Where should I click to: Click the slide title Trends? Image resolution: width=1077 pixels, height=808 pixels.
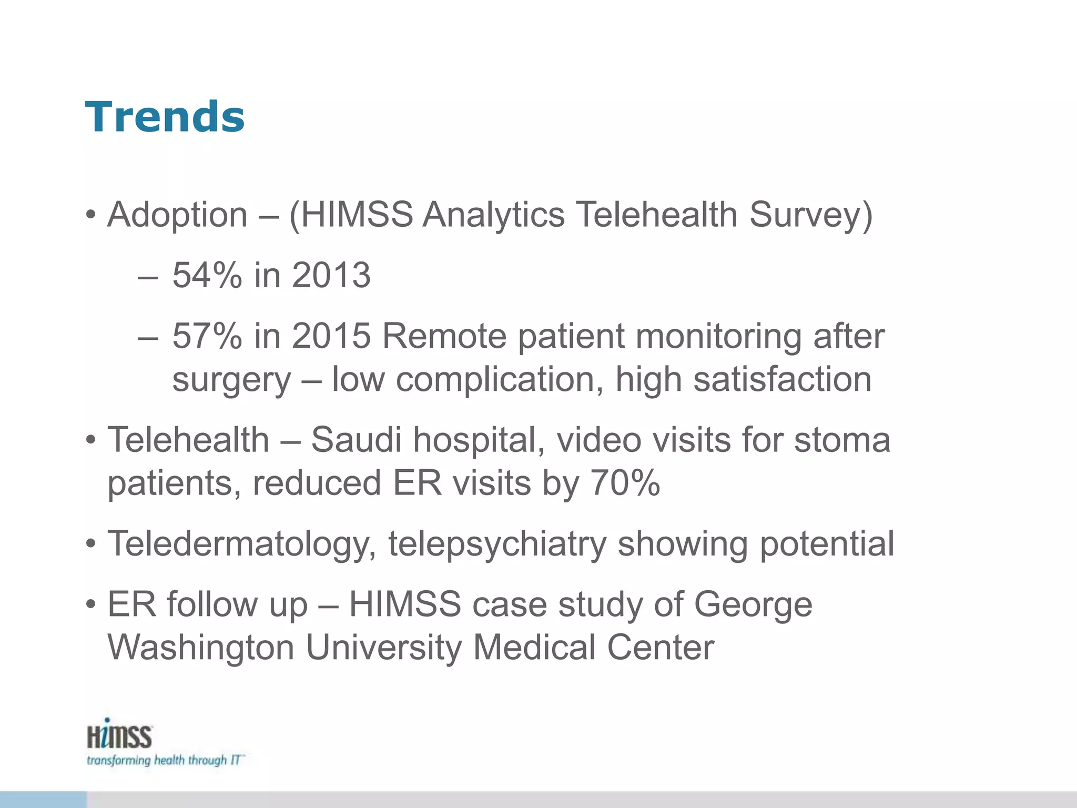pos(165,117)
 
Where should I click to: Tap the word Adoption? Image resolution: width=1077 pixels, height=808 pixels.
pos(177,215)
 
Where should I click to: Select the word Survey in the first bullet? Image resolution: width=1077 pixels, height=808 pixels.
pos(810,215)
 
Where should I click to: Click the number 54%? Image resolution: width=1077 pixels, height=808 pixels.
pos(207,275)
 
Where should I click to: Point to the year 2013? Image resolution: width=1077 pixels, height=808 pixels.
pos(331,275)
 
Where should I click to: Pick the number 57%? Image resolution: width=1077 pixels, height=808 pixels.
pos(207,336)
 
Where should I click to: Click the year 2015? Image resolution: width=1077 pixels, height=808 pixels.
pos(331,336)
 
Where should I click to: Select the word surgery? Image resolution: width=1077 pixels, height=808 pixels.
pos(231,380)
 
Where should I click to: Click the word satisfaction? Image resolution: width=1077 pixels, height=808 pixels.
pos(782,379)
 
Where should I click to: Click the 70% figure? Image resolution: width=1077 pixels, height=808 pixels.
pos(625,483)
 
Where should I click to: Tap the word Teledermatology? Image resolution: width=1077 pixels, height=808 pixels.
pos(242,544)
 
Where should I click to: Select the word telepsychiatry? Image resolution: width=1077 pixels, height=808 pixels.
pos(497,544)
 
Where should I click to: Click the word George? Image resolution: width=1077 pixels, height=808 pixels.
pos(753,605)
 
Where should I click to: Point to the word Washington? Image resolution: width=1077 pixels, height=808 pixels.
pos(201,648)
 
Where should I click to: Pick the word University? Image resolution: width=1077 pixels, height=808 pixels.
pos(383,648)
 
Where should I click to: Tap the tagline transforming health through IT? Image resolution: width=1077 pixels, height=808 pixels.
pos(165,761)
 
